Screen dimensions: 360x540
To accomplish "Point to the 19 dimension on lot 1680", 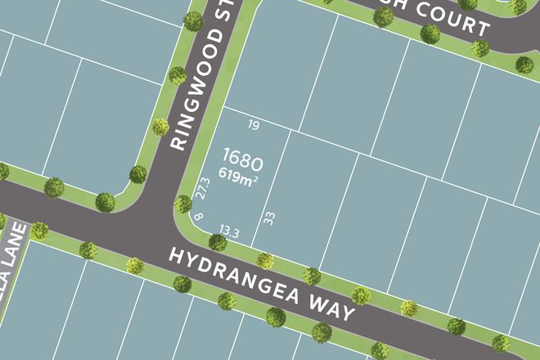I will coord(253,125).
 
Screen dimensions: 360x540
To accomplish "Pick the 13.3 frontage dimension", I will coord(229,232).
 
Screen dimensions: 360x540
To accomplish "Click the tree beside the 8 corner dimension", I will coord(183,203).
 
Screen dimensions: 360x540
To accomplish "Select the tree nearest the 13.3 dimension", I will coord(218,242).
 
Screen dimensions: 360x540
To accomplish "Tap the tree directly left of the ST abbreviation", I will coord(193,20).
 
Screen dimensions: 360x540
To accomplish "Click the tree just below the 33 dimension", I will coord(265,260).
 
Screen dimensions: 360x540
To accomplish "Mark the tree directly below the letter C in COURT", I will coord(430,34).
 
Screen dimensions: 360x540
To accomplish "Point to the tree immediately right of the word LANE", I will coord(38,231).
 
